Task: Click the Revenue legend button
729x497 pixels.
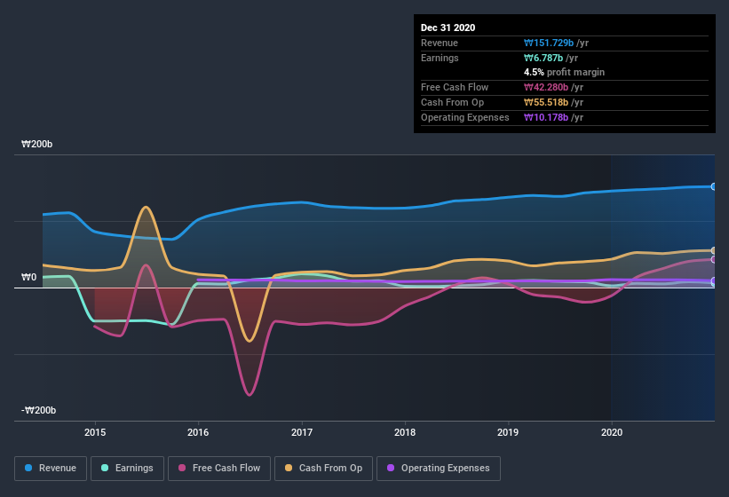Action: coord(51,468)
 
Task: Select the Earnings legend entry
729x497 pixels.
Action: coord(128,468)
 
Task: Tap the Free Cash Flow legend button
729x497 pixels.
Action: coord(219,468)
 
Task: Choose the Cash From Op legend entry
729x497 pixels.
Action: coord(323,468)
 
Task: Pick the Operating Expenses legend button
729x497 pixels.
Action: coord(439,468)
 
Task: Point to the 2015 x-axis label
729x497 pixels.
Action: coord(95,432)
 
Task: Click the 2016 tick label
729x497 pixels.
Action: coord(198,432)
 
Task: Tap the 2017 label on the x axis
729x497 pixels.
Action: coord(302,432)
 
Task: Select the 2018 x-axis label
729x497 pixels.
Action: coord(405,432)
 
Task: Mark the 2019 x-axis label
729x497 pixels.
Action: coord(509,432)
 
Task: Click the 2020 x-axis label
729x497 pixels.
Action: coord(612,432)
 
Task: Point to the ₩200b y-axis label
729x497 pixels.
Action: coord(38,144)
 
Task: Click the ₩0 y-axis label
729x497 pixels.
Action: coord(28,277)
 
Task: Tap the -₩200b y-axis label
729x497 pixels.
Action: coord(40,410)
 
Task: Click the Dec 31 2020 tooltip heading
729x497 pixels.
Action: coord(448,28)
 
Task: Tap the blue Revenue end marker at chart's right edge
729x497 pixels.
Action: coord(714,186)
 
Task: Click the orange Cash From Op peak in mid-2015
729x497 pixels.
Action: coord(146,208)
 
